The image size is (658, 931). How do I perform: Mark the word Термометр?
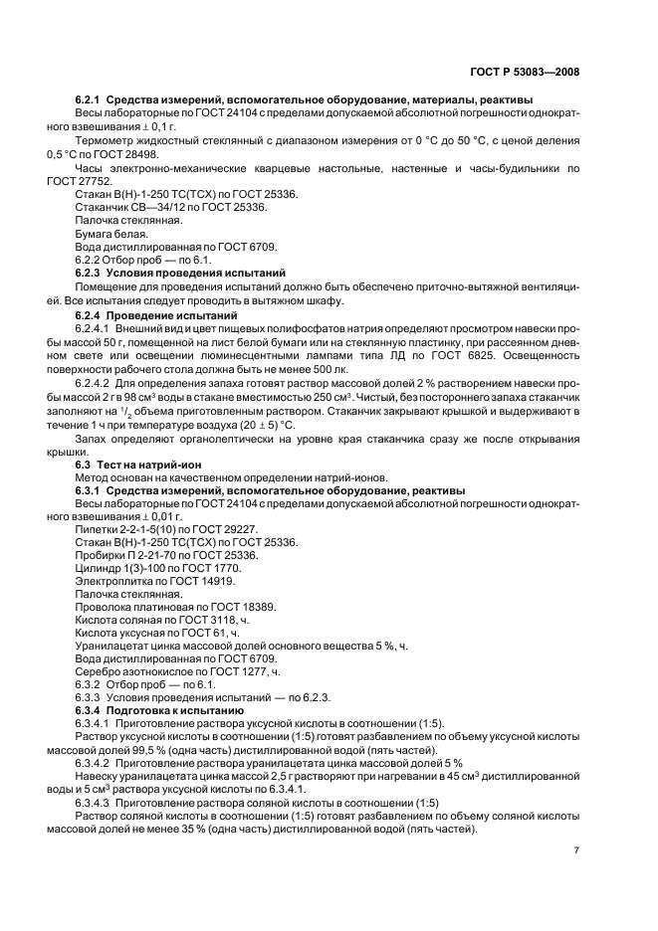pyautogui.click(x=108, y=141)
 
